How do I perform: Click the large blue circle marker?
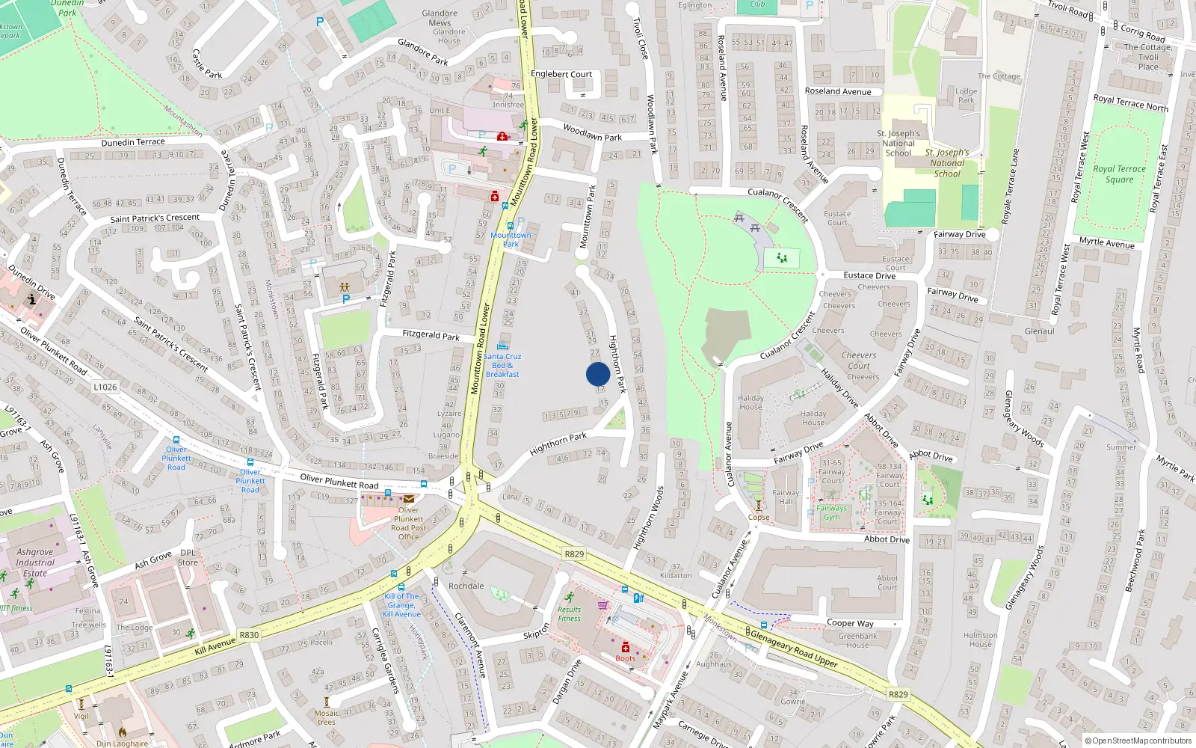point(598,374)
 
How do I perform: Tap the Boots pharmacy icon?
point(626,648)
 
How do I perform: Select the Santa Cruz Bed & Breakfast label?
point(502,365)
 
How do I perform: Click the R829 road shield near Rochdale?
point(574,554)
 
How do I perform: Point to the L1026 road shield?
point(105,387)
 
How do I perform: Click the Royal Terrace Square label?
point(1119,174)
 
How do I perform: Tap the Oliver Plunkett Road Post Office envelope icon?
point(409,500)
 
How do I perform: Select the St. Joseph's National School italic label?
point(946,162)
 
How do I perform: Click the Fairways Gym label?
point(831,512)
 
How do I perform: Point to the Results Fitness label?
point(569,613)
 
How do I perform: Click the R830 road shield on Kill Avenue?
point(249,635)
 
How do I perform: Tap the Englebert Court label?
point(561,74)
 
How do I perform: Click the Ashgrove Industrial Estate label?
point(35,562)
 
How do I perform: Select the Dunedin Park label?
point(67,7)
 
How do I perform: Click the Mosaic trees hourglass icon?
point(326,702)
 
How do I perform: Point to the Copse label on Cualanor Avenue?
point(759,517)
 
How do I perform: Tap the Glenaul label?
point(1039,331)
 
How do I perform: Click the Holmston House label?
point(980,640)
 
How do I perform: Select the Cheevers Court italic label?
point(859,361)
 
